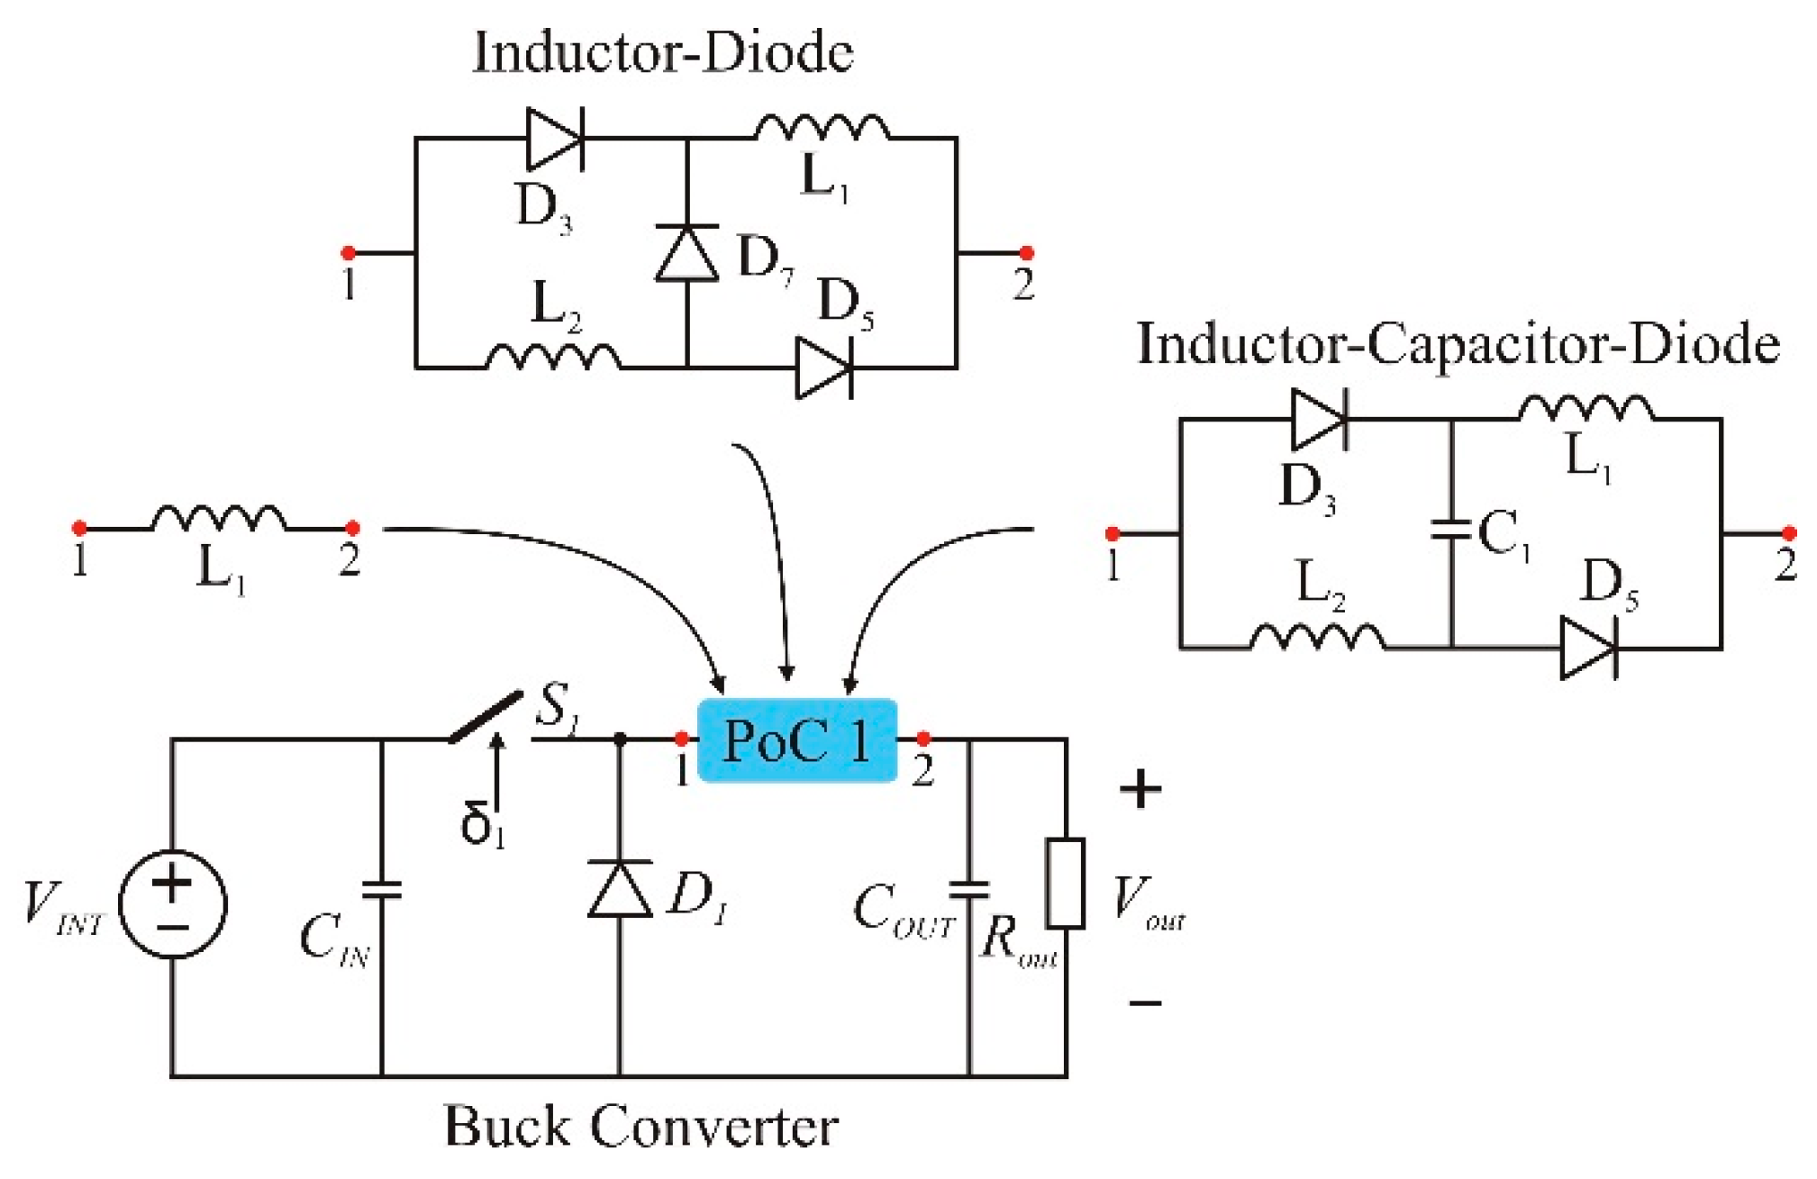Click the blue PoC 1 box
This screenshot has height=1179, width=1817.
pyautogui.click(x=797, y=740)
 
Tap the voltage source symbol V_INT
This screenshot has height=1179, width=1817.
pyautogui.click(x=173, y=903)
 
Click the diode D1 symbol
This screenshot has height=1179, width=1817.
pyautogui.click(x=620, y=889)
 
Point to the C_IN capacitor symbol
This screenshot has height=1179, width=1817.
pyautogui.click(x=382, y=890)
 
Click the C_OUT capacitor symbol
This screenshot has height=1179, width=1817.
pyautogui.click(x=970, y=890)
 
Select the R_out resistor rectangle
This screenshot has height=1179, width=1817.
pyautogui.click(x=1065, y=884)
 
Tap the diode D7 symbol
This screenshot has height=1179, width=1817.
pyautogui.click(x=687, y=253)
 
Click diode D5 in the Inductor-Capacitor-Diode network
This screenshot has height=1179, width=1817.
pyautogui.click(x=1587, y=648)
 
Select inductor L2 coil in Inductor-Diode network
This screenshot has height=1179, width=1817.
pyautogui.click(x=553, y=358)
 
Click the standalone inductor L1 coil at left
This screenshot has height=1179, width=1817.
pyautogui.click(x=219, y=519)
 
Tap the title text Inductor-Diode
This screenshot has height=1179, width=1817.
pyautogui.click(x=663, y=52)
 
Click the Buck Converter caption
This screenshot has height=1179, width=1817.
pyautogui.click(x=640, y=1126)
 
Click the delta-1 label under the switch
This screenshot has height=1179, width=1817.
pyautogui.click(x=482, y=823)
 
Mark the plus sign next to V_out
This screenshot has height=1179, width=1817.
pyautogui.click(x=1140, y=790)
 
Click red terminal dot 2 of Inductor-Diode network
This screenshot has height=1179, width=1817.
pyautogui.click(x=1025, y=253)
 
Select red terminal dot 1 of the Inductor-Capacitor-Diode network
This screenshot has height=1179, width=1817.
pyautogui.click(x=1113, y=534)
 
